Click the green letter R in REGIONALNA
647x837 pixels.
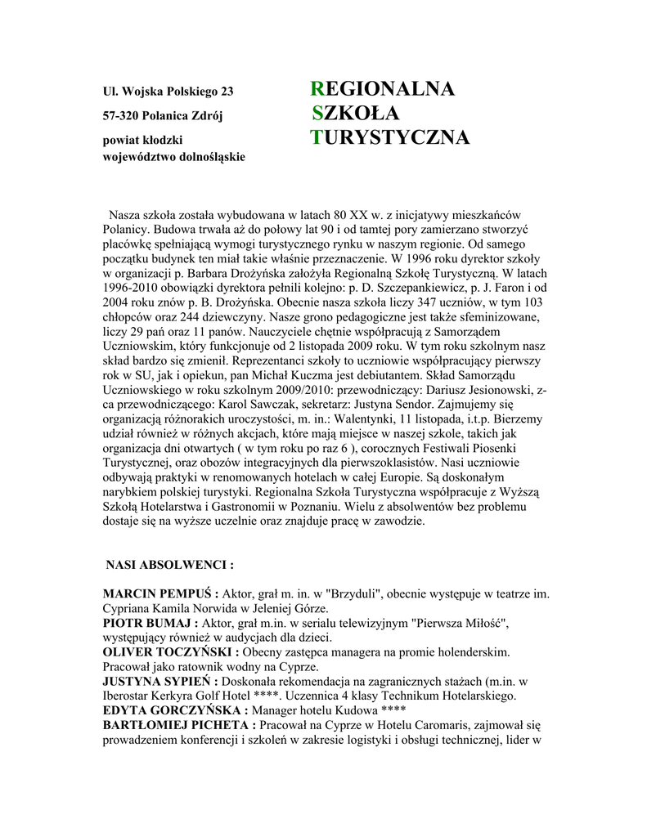coord(317,89)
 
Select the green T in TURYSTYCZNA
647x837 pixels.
coord(317,138)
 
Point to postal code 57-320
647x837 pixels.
coord(119,115)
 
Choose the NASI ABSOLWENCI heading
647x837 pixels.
coord(170,565)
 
